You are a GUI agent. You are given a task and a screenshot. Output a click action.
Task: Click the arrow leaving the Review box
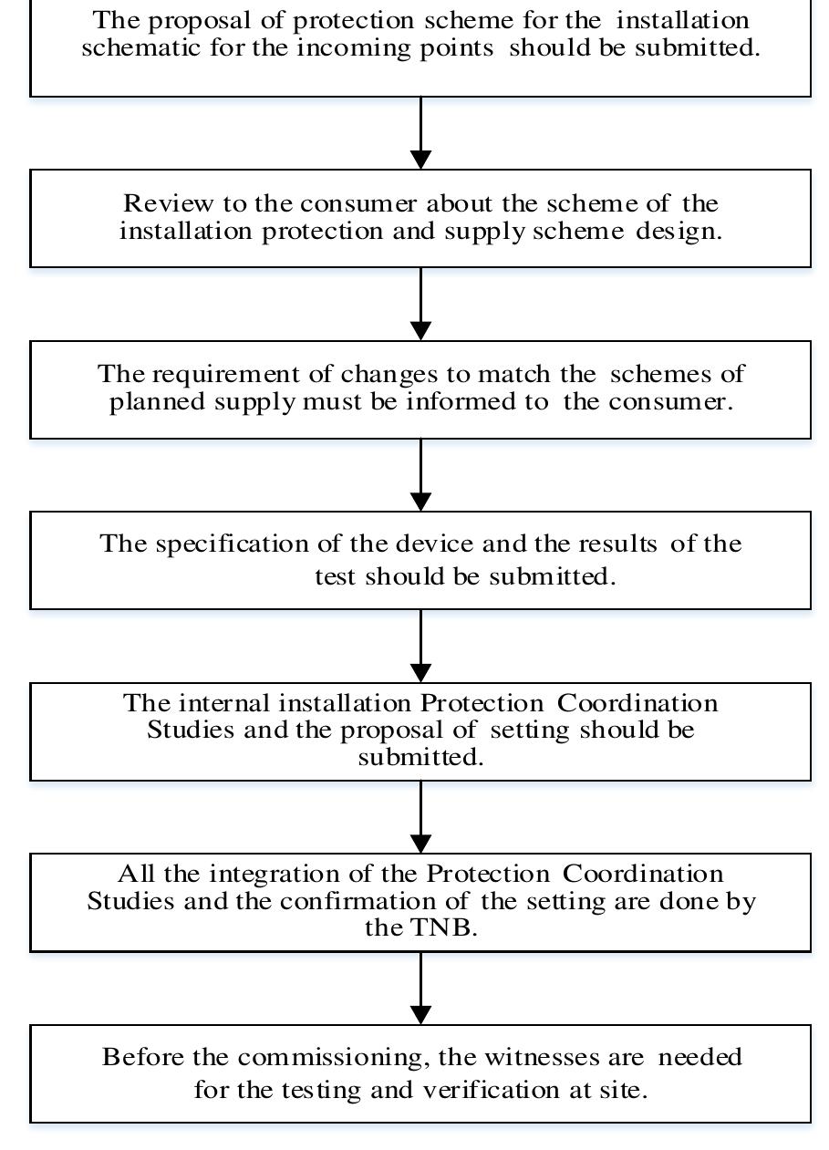point(420,304)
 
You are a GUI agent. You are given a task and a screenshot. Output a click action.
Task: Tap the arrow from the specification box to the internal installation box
point(420,646)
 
